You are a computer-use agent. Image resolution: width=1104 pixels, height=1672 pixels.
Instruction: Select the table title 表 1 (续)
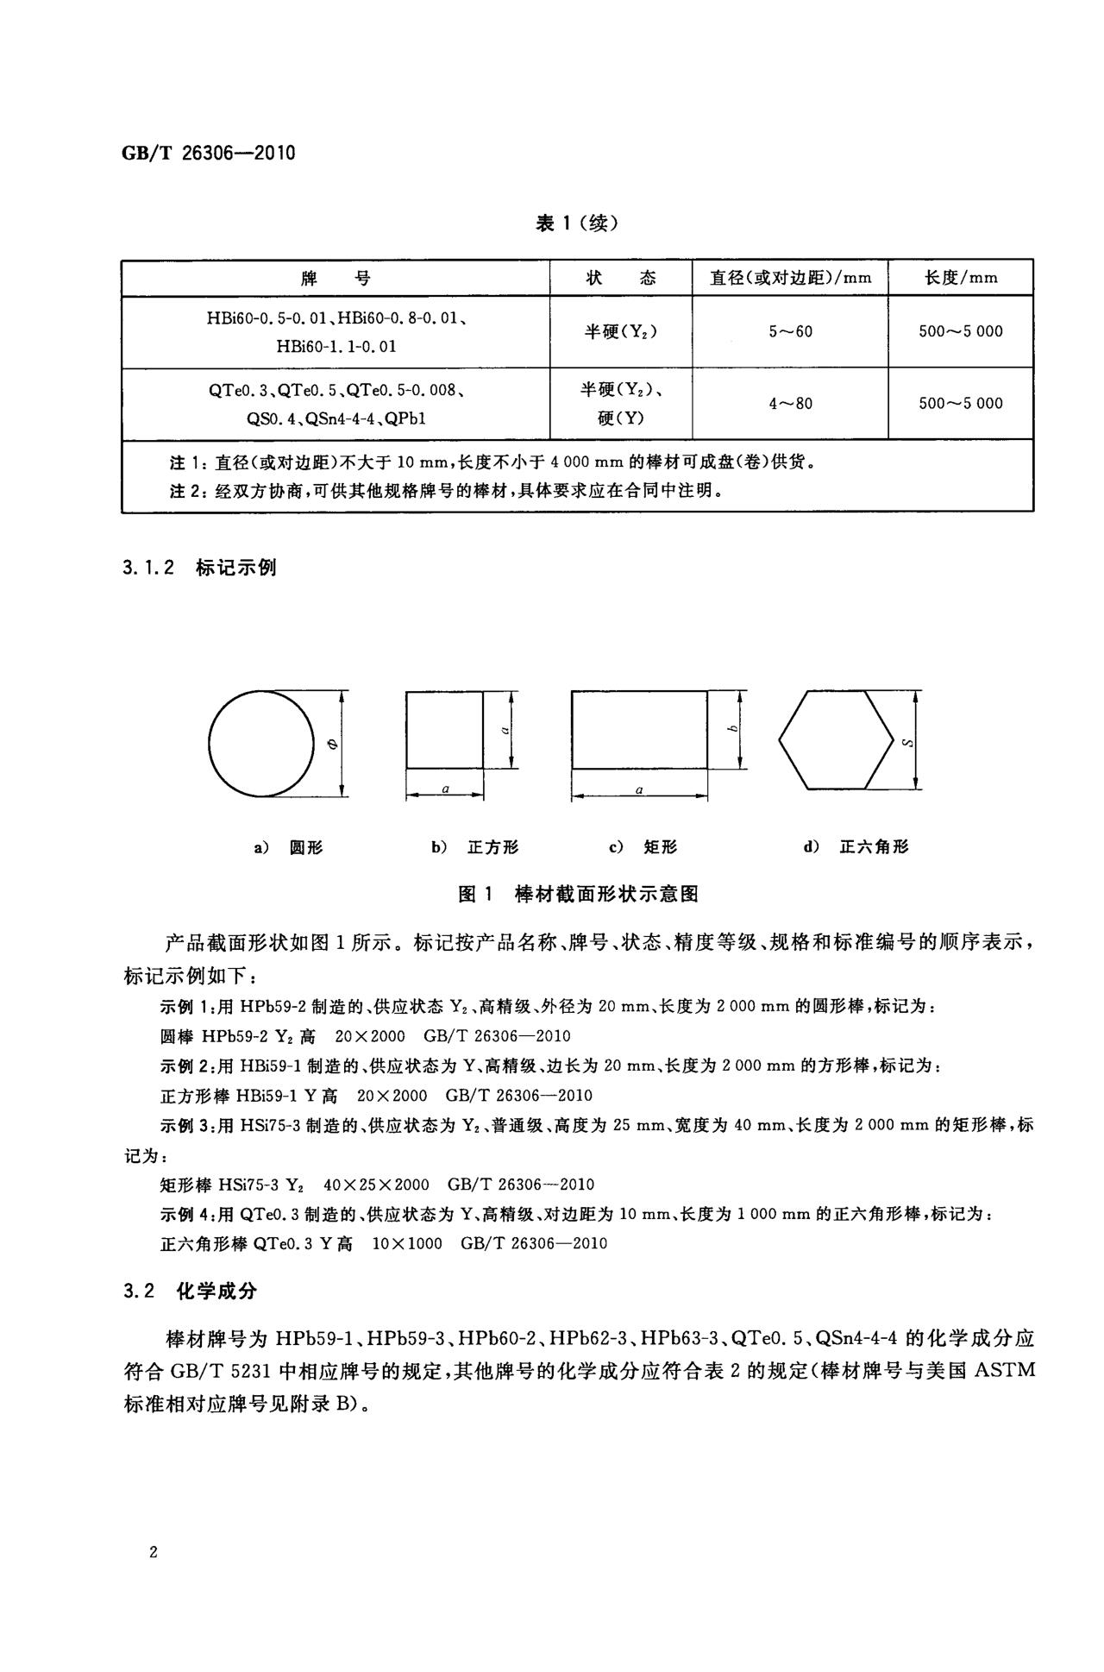click(577, 223)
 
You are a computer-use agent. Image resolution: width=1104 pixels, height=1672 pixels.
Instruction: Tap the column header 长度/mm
click(961, 278)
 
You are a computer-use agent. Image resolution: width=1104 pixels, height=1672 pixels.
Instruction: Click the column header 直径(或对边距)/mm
click(790, 278)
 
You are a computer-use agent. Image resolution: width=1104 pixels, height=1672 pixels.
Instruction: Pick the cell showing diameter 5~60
click(790, 332)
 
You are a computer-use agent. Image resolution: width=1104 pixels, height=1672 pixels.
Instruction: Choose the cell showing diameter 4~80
click(790, 403)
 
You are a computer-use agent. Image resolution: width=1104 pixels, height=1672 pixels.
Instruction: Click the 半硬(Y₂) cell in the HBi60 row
click(620, 332)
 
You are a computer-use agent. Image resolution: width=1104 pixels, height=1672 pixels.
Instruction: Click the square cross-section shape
click(444, 729)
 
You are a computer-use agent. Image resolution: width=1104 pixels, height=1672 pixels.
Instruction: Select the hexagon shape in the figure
click(836, 739)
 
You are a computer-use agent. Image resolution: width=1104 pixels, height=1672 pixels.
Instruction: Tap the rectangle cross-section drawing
click(639, 729)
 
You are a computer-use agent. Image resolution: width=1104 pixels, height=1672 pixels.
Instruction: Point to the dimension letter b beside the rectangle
click(732, 730)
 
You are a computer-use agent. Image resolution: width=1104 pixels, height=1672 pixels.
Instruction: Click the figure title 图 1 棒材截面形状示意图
click(577, 894)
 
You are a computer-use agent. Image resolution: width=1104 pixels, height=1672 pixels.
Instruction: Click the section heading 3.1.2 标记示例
click(199, 568)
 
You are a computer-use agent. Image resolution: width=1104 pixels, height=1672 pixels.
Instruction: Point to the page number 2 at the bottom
click(153, 1553)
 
